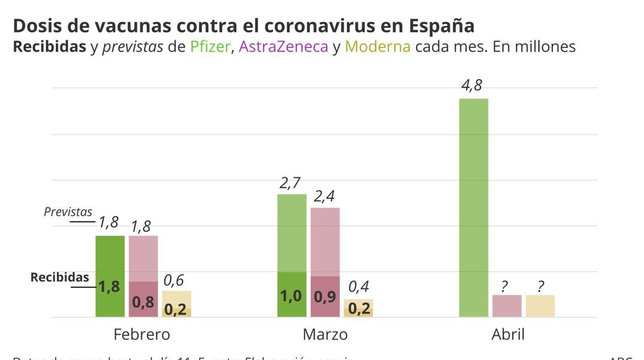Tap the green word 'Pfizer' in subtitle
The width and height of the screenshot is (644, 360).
coord(210,46)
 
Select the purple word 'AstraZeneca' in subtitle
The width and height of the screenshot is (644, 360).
coord(283,46)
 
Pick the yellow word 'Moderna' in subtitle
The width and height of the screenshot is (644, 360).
coord(378,46)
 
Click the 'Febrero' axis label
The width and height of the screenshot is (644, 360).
coord(141,334)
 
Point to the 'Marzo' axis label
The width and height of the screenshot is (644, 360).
coord(325,334)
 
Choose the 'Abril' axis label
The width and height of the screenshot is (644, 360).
coord(508,334)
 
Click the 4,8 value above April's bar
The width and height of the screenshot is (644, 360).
coord(472,85)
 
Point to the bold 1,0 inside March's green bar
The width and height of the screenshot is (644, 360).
coord(291,296)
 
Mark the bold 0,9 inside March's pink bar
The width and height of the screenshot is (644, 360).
coord(325,297)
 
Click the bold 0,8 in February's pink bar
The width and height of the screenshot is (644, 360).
coord(143,302)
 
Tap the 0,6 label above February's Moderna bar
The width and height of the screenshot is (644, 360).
coord(174,280)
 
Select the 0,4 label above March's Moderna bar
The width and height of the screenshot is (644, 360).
coord(358,287)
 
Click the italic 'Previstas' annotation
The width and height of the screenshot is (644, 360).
coord(68,211)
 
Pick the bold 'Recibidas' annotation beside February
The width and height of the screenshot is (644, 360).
coord(60,277)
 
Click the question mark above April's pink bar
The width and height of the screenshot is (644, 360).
coord(505,287)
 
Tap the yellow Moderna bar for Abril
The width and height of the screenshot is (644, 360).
coord(540,306)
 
